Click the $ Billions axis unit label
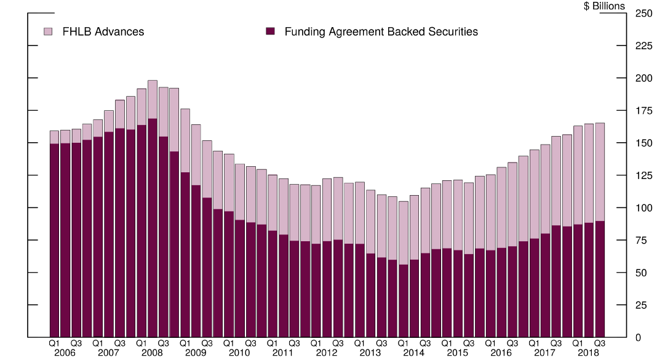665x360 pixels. click(604, 6)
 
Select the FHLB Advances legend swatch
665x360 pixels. click(49, 31)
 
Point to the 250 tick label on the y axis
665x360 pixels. click(643, 14)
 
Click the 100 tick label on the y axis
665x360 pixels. click(643, 208)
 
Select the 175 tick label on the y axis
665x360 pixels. click(643, 111)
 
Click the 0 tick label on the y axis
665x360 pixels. click(638, 338)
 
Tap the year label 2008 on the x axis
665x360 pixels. click(152, 353)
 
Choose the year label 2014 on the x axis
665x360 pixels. click(414, 353)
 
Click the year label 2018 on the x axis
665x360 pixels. click(589, 353)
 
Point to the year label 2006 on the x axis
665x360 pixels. click(65, 353)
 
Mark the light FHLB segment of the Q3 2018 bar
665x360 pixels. click(599, 172)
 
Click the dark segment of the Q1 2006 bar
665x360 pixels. click(54, 240)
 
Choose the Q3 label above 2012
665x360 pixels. click(338, 343)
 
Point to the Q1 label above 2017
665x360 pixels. click(535, 343)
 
